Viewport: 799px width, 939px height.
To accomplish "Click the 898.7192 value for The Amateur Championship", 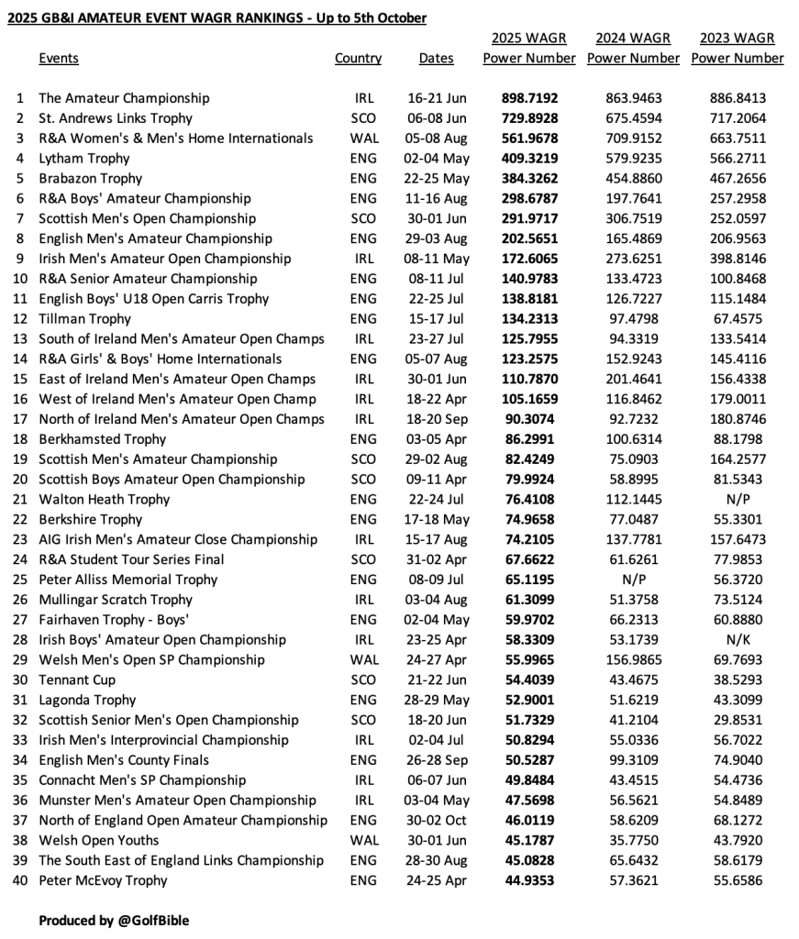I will click(x=529, y=98).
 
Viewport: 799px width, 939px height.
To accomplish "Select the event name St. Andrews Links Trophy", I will click(x=116, y=118).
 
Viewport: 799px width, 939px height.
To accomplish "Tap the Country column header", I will click(x=358, y=59).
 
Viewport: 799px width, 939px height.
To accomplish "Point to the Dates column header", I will click(x=436, y=59).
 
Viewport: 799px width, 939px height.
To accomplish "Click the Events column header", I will click(x=59, y=59).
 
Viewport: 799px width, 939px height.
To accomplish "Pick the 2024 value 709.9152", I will click(x=633, y=138).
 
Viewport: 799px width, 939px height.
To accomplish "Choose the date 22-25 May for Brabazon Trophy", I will click(x=436, y=179).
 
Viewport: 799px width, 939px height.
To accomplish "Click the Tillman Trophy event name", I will click(x=84, y=319).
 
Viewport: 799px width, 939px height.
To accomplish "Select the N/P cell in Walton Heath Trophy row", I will click(x=738, y=500).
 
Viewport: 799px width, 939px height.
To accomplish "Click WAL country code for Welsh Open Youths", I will click(x=363, y=840).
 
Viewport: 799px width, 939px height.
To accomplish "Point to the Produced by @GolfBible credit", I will click(x=114, y=920).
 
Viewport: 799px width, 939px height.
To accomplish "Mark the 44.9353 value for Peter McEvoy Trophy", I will click(x=529, y=880).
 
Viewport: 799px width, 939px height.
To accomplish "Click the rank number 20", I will click(x=20, y=480).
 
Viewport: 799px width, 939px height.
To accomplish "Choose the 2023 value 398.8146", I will click(x=738, y=259).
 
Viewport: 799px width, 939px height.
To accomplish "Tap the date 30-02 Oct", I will click(x=436, y=820).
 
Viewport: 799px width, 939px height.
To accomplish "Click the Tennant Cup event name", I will click(x=77, y=679).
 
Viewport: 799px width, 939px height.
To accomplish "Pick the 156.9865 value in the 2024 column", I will click(x=633, y=660).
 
